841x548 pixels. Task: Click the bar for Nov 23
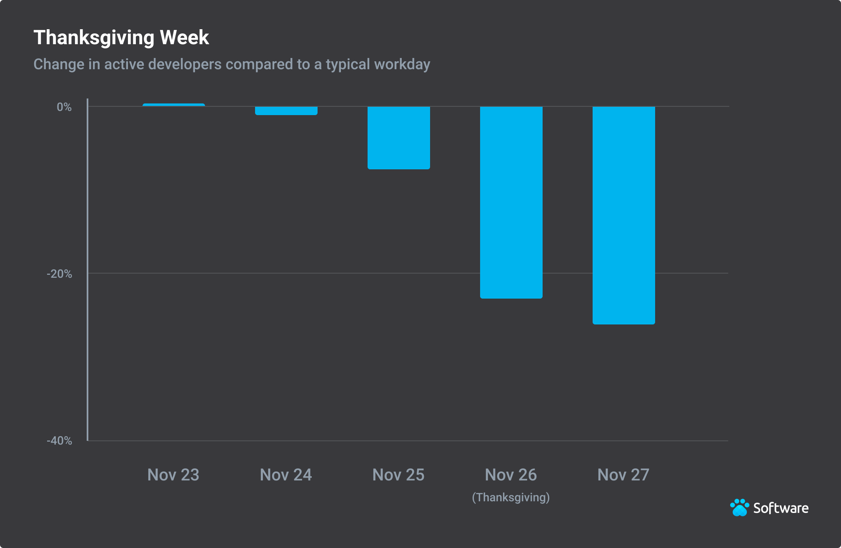[174, 105]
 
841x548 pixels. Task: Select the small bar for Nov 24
[286, 111]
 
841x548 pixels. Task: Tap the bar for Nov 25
[399, 138]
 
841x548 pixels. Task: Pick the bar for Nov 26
[511, 202]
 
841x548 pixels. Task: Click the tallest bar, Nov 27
[624, 215]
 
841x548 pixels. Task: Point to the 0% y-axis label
[64, 107]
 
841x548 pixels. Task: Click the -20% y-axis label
[60, 274]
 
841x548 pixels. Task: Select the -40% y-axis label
[60, 441]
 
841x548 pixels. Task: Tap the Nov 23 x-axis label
[173, 475]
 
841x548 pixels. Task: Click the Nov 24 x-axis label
[286, 475]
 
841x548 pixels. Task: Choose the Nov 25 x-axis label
[398, 475]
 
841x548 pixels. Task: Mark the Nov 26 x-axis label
[511, 475]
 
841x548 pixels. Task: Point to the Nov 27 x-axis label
[623, 475]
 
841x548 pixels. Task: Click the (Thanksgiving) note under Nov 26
[511, 498]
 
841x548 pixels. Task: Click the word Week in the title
[184, 38]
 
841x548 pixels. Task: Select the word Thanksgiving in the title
[94, 38]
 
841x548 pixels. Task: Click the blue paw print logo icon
[740, 508]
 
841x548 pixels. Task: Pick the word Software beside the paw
[781, 508]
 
